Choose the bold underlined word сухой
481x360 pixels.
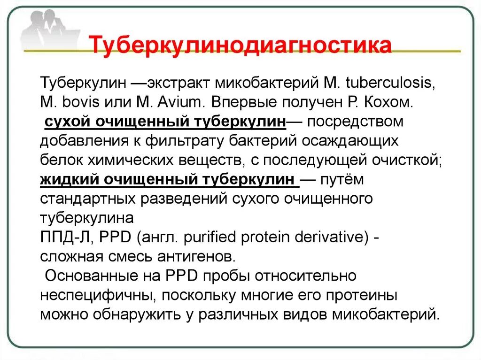(68, 122)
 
